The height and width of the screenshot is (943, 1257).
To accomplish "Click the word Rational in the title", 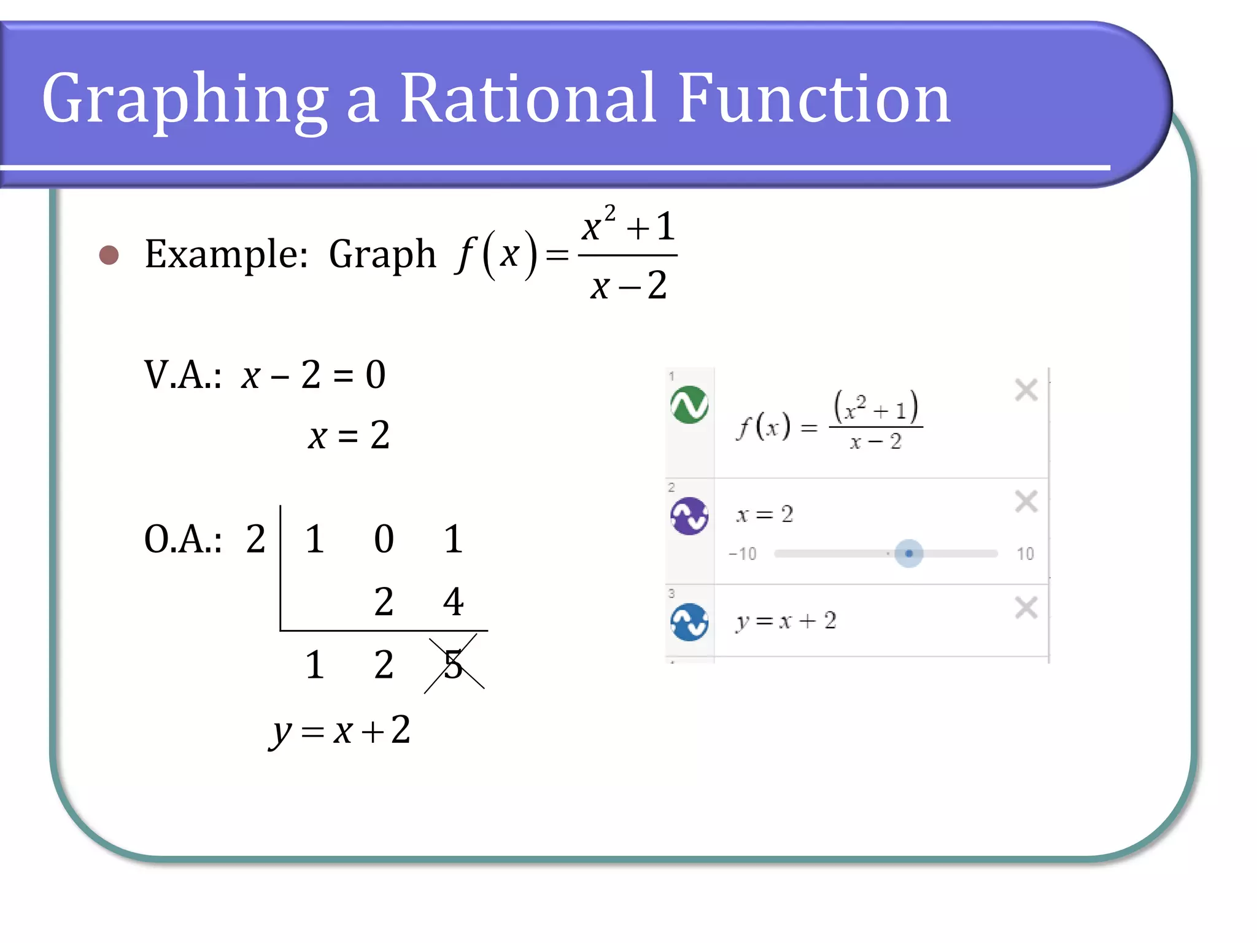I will (x=528, y=98).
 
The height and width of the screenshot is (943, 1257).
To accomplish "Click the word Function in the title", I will (x=814, y=98).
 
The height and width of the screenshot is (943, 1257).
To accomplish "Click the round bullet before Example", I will (x=109, y=255).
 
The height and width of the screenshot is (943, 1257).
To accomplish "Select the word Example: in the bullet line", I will (x=226, y=254).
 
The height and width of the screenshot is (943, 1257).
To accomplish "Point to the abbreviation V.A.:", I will (x=182, y=375).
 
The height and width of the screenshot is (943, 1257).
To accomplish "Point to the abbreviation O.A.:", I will (x=182, y=540).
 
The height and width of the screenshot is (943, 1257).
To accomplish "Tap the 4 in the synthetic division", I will (x=453, y=602).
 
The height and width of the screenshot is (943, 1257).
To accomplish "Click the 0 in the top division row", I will (x=384, y=540).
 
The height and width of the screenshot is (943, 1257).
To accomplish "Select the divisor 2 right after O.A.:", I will (x=255, y=540).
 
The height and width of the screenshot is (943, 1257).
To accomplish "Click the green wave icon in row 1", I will (x=689, y=405).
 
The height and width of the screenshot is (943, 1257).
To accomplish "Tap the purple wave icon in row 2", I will (x=689, y=516).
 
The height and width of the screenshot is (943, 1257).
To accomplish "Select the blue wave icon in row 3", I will (x=689, y=622).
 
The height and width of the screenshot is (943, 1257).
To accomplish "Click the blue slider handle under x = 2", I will (x=908, y=553).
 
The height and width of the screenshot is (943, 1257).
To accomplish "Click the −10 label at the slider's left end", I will (x=742, y=554).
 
